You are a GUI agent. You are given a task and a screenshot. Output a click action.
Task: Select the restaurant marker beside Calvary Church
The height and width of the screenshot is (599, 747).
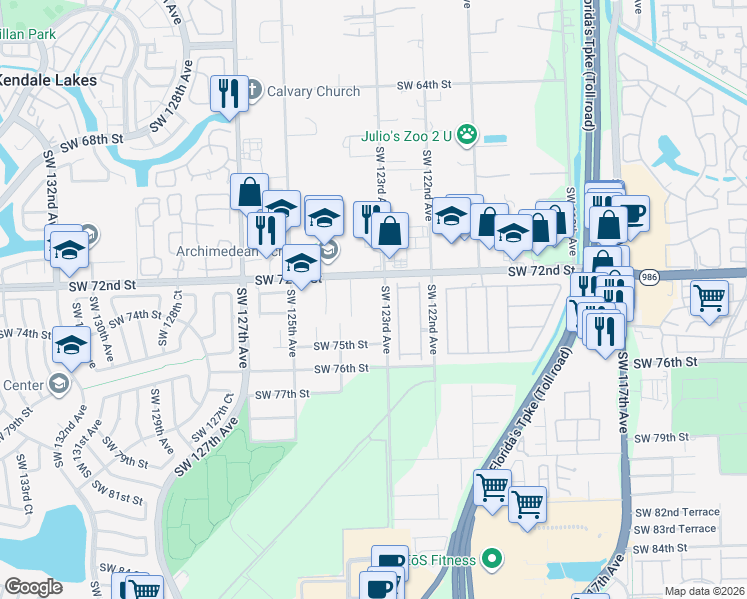coord(229,95)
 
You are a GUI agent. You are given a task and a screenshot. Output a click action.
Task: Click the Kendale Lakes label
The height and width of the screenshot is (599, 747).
coord(47,79)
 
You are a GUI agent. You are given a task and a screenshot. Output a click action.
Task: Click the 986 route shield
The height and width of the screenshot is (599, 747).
coord(648,276)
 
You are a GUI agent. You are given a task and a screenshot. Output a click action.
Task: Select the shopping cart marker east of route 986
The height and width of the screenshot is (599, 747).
coord(709,297)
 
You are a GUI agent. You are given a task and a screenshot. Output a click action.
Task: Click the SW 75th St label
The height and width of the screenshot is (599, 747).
coord(341,345)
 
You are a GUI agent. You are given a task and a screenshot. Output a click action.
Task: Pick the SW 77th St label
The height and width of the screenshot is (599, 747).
coord(281,394)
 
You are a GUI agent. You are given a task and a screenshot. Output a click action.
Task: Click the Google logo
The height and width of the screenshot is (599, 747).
coord(33,587)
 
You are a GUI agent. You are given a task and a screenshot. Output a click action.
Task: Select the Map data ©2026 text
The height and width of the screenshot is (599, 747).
coord(705,591)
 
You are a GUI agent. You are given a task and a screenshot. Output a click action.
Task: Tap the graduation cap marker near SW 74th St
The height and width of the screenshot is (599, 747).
coord(72,345)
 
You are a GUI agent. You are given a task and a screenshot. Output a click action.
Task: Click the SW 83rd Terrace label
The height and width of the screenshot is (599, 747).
coord(675,528)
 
